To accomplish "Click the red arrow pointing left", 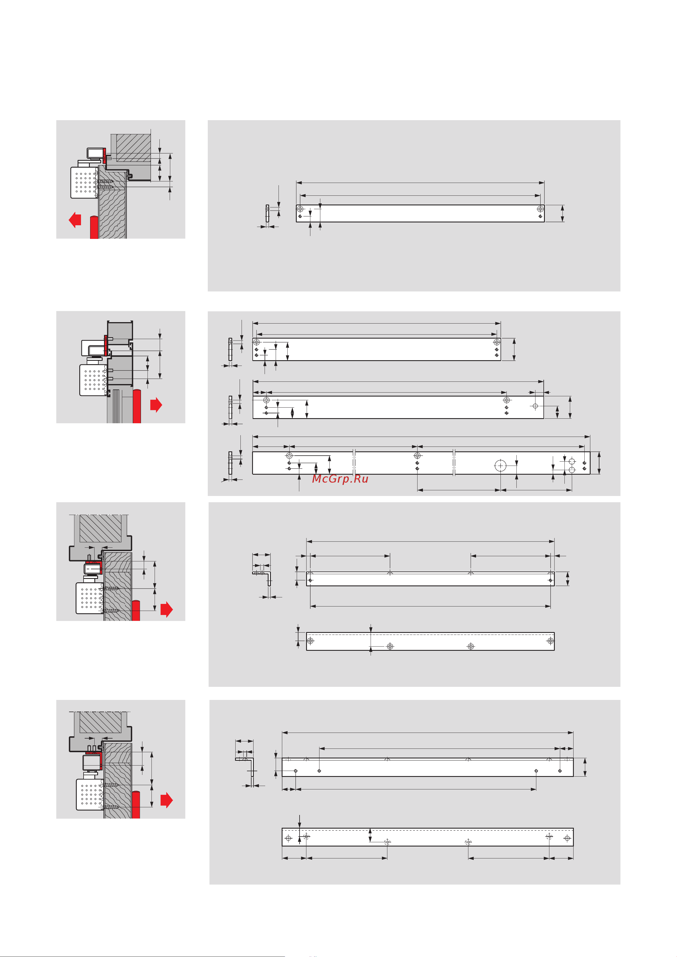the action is [x=75, y=220].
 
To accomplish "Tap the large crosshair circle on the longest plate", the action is [x=500, y=466].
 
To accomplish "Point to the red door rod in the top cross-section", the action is [x=94, y=227].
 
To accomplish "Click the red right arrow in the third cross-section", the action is [x=167, y=609].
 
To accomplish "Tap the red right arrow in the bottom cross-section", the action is [x=167, y=800].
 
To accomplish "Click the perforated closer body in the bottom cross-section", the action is [x=90, y=795].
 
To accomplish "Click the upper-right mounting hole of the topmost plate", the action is [x=540, y=209].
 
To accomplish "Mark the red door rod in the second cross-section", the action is [x=137, y=406].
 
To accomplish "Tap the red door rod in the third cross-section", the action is [x=136, y=611].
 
